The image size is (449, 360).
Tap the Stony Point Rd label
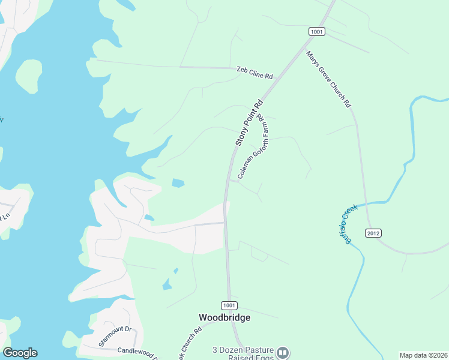tap(249, 123)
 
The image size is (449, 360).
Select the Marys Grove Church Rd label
tap(328, 79)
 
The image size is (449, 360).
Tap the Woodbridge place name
tap(224, 317)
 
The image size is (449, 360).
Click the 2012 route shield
tap(373, 232)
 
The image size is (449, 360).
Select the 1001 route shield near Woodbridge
tap(229, 305)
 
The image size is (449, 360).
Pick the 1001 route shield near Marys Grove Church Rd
tap(318, 31)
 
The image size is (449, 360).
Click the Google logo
tap(20, 353)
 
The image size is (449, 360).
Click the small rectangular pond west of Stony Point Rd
tap(178, 182)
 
